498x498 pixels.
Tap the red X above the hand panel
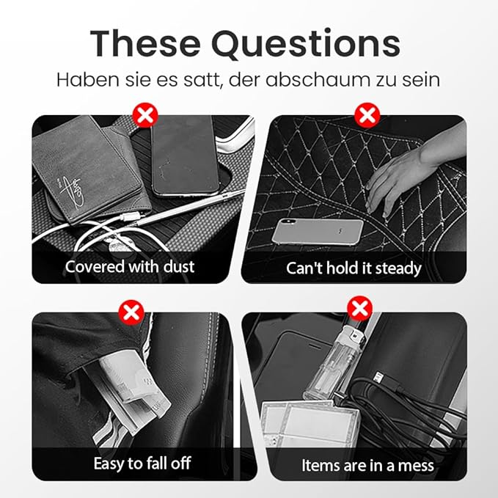(365, 115)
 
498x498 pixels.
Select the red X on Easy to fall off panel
(131, 312)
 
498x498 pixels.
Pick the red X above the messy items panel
(359, 307)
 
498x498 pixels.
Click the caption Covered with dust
(130, 267)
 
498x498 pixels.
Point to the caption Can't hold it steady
(354, 268)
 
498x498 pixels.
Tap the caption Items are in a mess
(367, 465)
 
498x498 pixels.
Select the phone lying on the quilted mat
(318, 232)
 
